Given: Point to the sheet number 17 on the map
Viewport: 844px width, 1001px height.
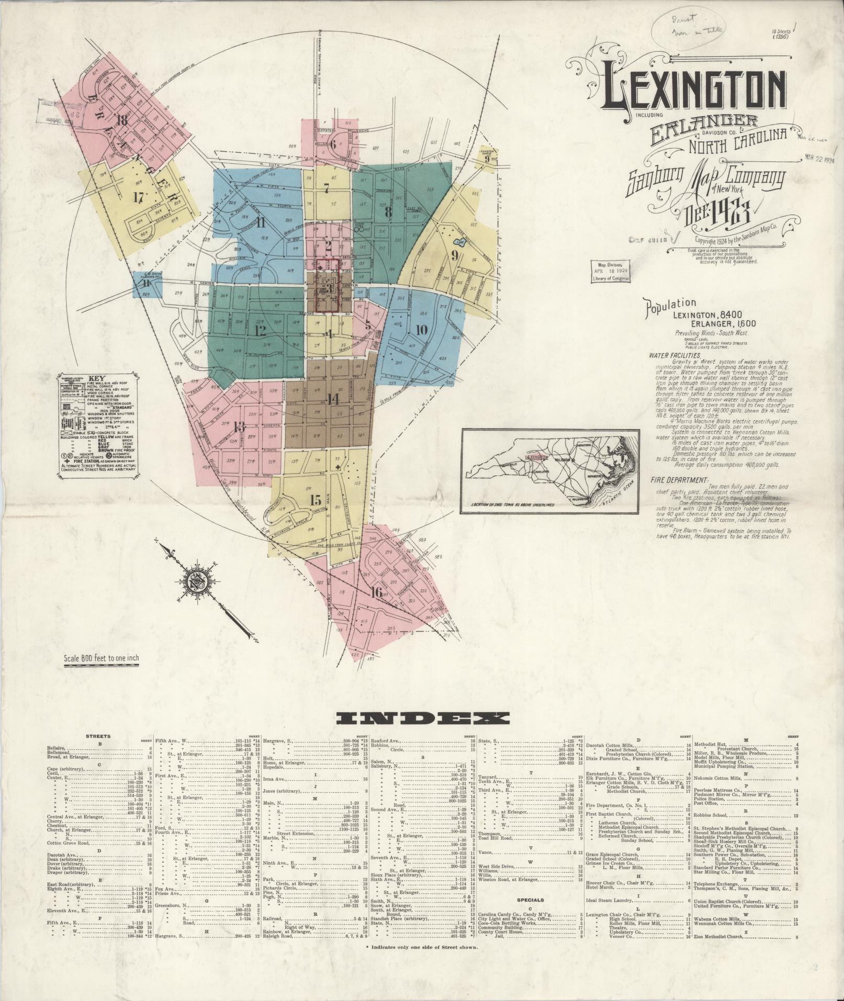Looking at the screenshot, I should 138,198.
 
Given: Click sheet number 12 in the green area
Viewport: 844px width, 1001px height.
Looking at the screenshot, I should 260,331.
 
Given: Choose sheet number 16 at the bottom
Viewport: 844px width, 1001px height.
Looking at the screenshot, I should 376,593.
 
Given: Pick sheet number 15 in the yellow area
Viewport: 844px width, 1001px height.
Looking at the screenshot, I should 315,499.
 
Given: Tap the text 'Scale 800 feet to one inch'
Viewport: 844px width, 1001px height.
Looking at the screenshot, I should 101,659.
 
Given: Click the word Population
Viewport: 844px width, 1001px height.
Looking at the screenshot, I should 671,304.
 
